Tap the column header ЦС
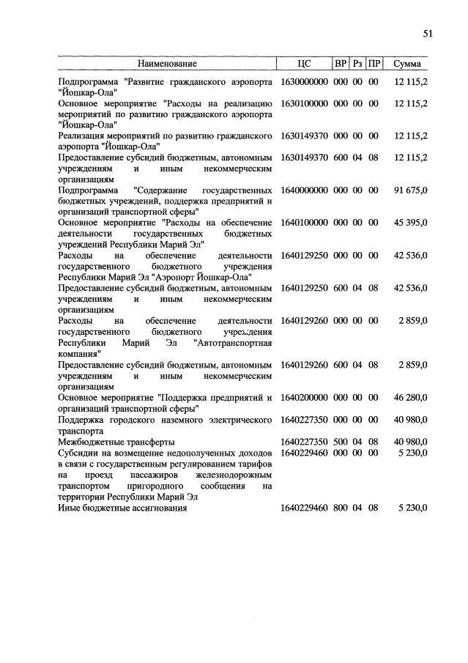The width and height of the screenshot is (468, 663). (304, 64)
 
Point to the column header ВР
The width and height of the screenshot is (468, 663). (341, 64)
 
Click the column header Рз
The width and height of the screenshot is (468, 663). (357, 64)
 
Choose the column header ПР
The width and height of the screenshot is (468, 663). (374, 64)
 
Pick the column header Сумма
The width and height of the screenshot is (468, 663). (406, 64)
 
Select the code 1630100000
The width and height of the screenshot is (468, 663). (304, 104)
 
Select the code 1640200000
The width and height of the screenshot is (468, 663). (304, 397)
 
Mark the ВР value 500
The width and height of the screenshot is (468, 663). (341, 442)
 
